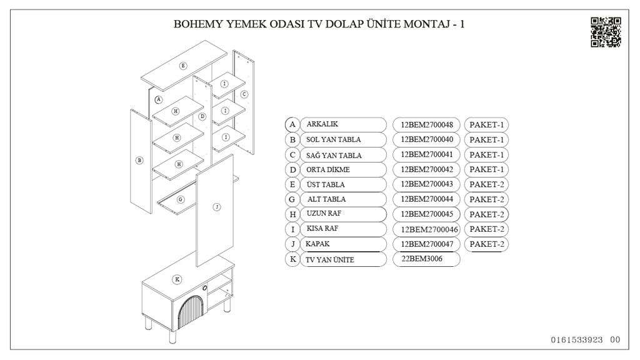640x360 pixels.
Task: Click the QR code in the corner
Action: point(606,32)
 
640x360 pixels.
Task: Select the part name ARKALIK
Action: point(322,124)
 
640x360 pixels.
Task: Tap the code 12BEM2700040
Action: point(427,139)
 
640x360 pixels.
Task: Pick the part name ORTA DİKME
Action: point(328,169)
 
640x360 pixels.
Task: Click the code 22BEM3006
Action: point(422,259)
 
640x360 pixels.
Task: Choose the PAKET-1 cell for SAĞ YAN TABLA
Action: point(486,154)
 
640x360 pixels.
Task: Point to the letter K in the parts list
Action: point(292,259)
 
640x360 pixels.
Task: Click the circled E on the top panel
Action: point(183,66)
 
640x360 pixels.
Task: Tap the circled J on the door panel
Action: point(216,207)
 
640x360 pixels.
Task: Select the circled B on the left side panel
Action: point(139,160)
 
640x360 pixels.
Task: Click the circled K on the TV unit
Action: point(177,279)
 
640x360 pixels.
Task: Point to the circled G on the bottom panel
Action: point(180,199)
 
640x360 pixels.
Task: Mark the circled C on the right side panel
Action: point(244,94)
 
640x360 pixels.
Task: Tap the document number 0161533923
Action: point(577,340)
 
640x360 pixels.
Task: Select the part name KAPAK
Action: point(317,244)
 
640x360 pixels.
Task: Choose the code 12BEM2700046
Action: point(429,229)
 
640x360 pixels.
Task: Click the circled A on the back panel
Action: point(158,99)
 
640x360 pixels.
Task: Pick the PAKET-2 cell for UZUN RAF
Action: point(486,214)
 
